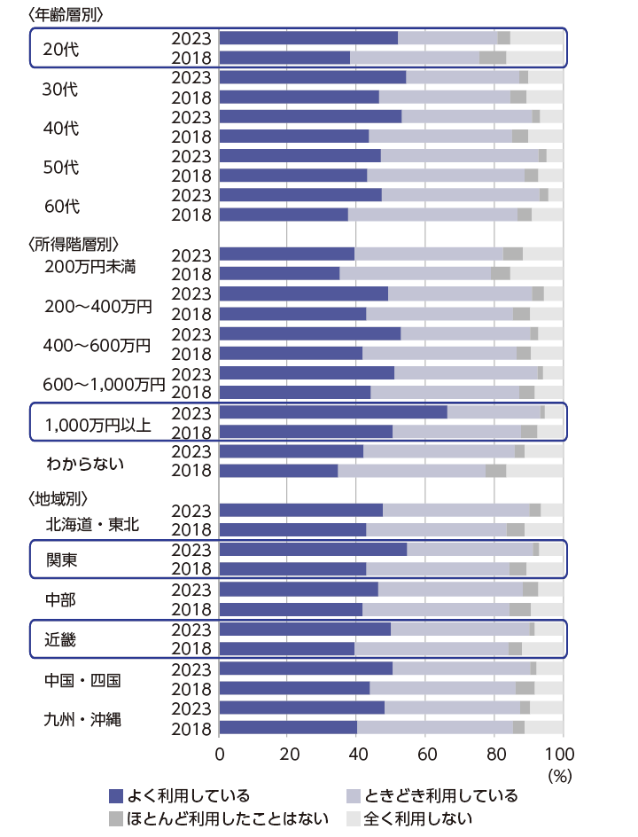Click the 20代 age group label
(60, 49)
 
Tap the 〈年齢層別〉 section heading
(66, 14)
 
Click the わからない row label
(85, 463)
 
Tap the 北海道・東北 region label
(92, 524)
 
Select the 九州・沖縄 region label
(85, 719)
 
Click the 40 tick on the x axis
(356, 755)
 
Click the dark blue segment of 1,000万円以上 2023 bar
(333, 412)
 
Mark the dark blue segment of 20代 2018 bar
(284, 58)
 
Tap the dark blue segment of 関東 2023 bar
(313, 549)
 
